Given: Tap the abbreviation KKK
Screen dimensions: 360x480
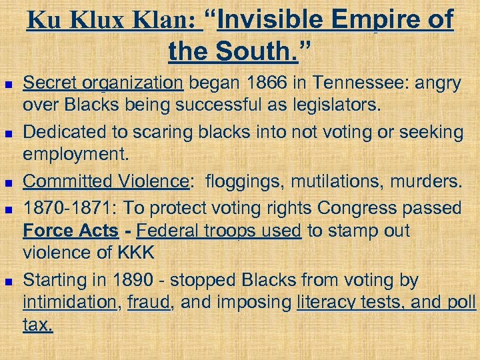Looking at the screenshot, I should point(137,253).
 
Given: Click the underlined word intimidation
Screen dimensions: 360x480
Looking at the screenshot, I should point(69,302).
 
